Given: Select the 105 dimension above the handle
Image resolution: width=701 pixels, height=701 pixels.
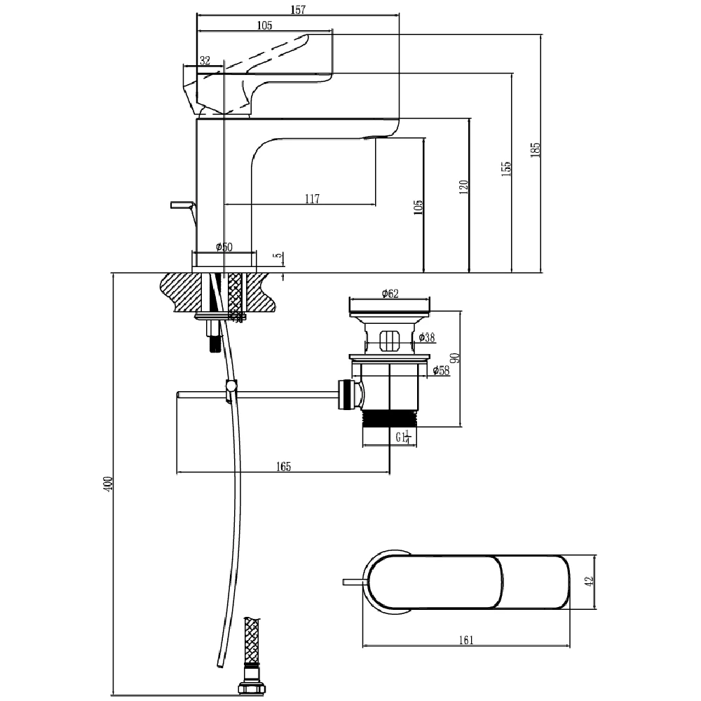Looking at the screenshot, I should pos(264,25).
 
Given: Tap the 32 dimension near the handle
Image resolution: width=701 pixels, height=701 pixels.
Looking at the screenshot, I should pos(205,61).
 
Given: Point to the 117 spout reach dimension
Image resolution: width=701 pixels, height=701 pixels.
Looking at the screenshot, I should pos(312,199).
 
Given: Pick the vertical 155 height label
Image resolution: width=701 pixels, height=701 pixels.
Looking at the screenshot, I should pos(506,168).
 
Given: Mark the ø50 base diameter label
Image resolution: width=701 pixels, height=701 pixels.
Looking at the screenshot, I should pos(224,247).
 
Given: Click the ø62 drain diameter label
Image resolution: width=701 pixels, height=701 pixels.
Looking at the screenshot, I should pos(390,294).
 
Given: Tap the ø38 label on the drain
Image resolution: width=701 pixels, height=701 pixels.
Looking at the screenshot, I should pos(426,338).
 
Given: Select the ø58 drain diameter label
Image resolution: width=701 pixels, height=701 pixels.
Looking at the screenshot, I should pos(441,370).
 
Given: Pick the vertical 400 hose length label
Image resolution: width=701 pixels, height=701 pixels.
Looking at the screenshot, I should pos(107,484).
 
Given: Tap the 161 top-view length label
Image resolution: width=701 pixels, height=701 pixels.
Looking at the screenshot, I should pos(466,640).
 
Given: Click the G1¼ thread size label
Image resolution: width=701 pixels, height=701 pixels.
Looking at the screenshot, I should pos(402,438).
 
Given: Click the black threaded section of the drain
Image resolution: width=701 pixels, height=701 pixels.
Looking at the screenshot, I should pos(390,418).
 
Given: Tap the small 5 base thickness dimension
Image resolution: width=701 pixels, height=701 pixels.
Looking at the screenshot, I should pos(278,257).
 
